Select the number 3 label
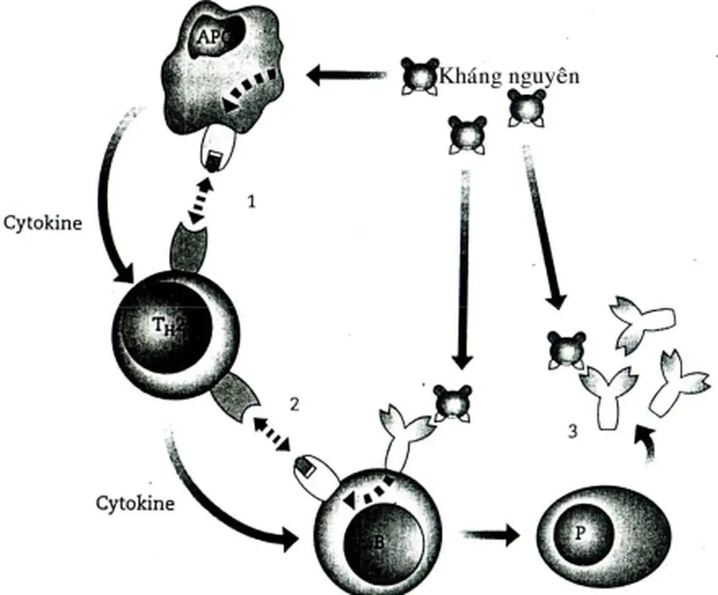coord(573,431)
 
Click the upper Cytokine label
coord(43,223)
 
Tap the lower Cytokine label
coord(136,503)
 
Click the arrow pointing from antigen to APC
coord(346,75)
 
